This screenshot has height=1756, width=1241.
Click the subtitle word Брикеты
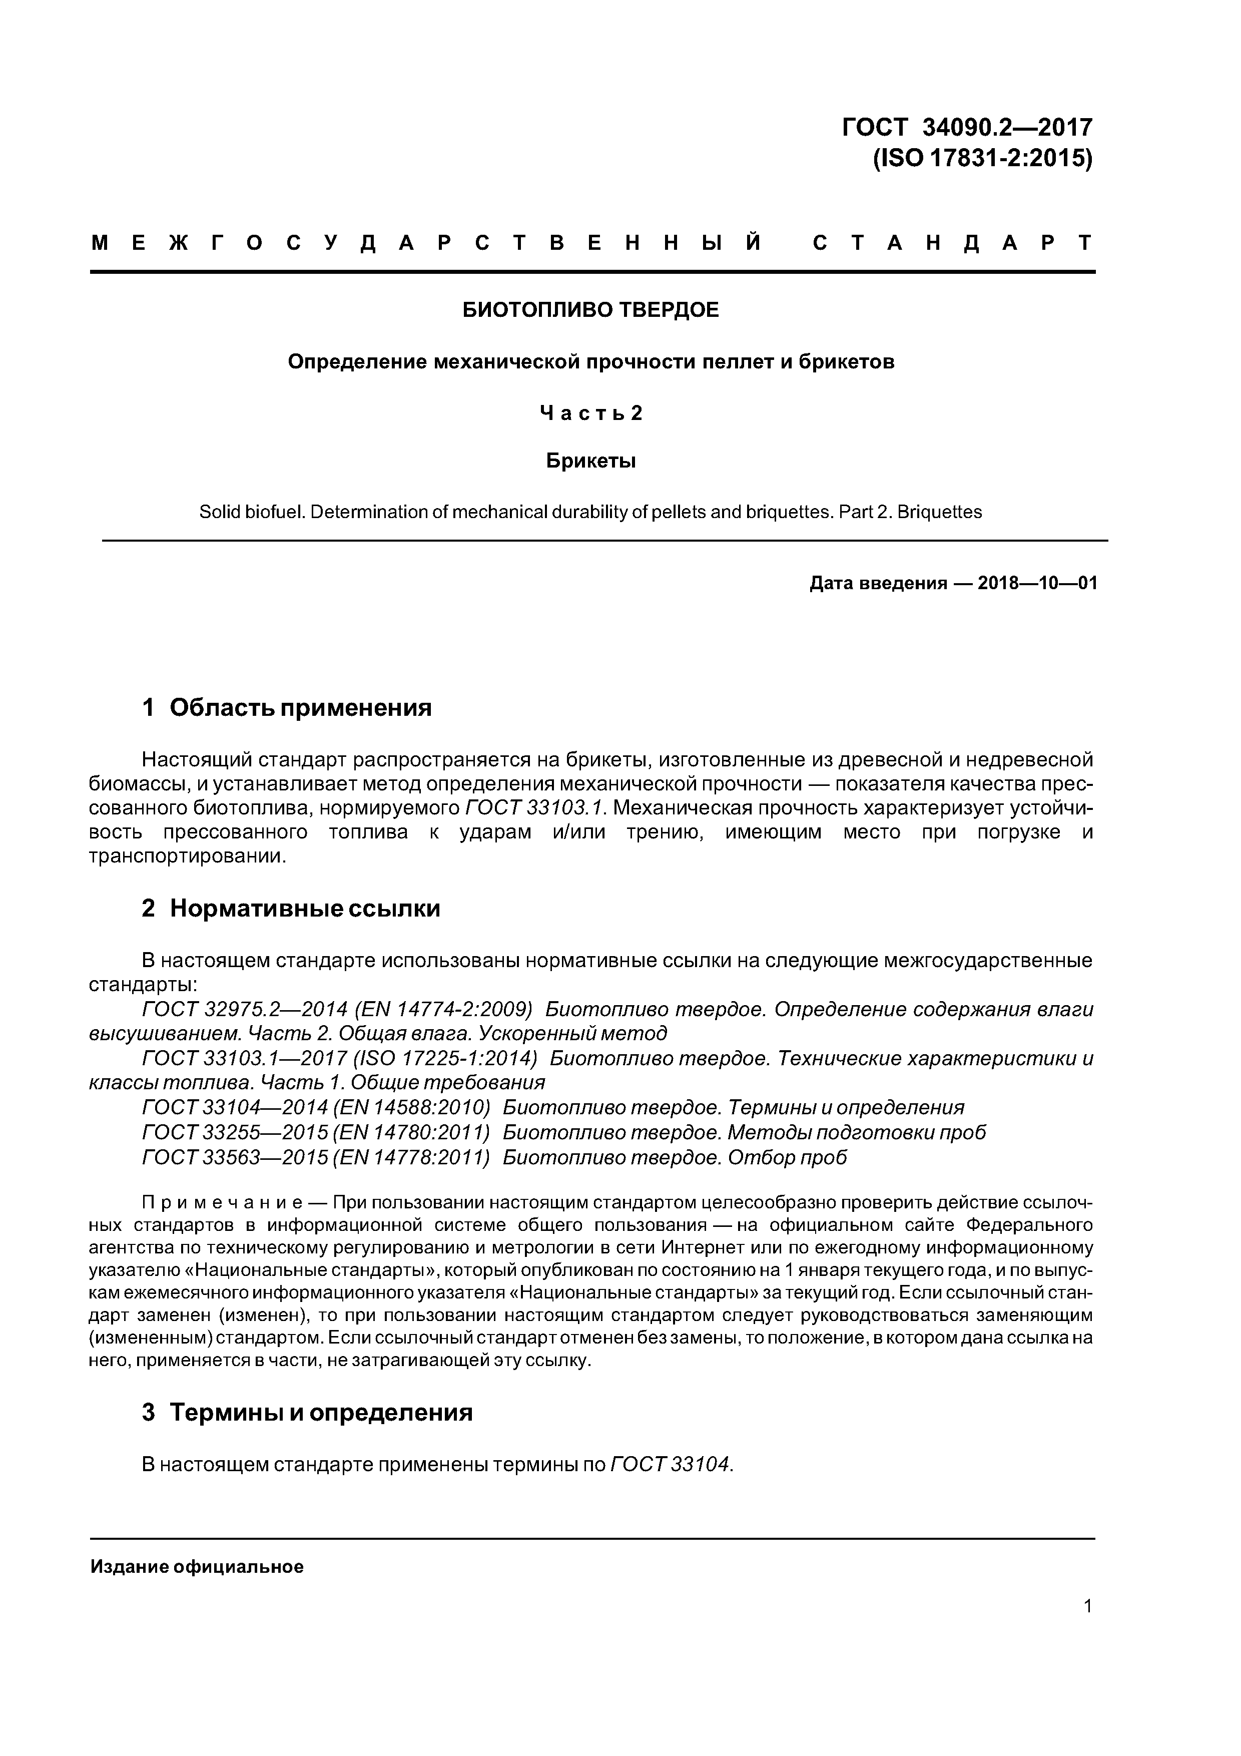pos(591,461)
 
